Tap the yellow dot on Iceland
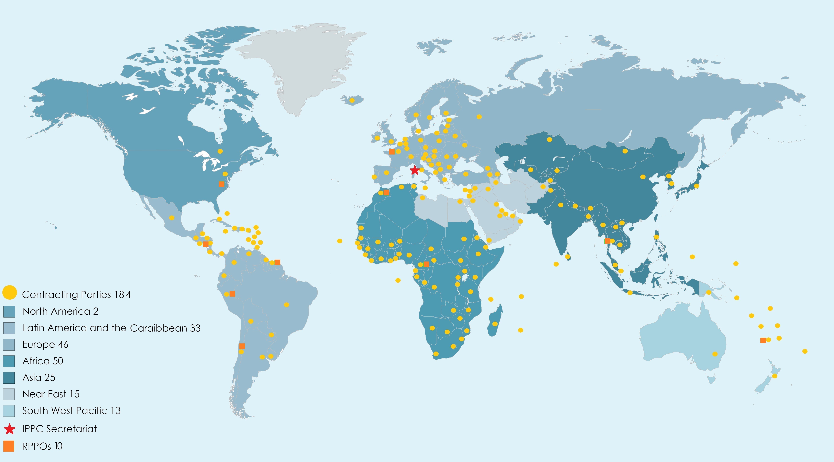[x=352, y=100]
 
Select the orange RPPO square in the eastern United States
[x=221, y=184]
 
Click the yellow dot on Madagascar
[x=495, y=324]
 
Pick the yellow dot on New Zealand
[x=774, y=376]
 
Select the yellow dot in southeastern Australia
[x=715, y=354]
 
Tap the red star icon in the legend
[x=9, y=429]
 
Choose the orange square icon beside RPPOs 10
[x=9, y=446]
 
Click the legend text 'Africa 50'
[x=43, y=361]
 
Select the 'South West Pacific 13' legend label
[x=71, y=411]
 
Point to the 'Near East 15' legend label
[x=51, y=394]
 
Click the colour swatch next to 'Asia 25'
[x=9, y=378]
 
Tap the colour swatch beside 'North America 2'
[x=9, y=311]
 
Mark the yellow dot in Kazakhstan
[x=549, y=140]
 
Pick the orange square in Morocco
[x=386, y=192]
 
